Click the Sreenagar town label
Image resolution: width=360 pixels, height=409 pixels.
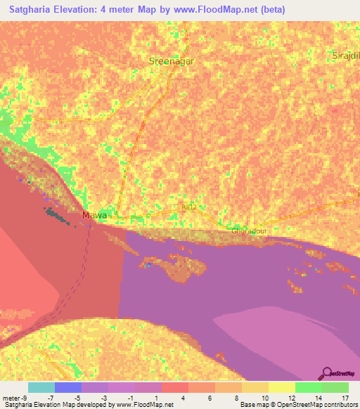click(171, 61)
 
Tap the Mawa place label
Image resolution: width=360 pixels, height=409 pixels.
click(94, 215)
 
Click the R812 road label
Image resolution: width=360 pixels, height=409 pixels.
click(188, 208)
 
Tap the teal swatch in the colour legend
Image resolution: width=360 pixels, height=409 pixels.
click(41, 387)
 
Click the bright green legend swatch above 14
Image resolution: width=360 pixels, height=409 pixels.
click(308, 387)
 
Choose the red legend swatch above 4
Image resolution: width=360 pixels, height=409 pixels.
click(174, 387)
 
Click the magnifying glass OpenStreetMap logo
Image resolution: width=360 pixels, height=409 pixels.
click(327, 372)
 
